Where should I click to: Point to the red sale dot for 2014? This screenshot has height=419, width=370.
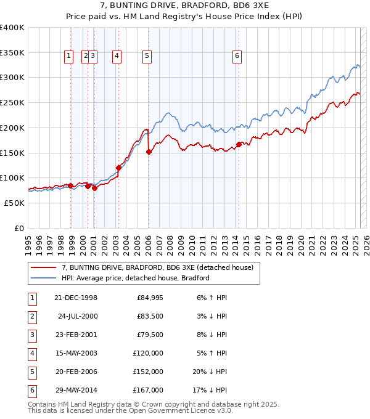pos(239,145)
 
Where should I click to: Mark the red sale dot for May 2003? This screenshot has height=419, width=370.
pos(118,167)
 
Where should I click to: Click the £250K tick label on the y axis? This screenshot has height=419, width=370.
pos(12,103)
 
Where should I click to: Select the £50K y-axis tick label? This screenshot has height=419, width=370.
pos(14,203)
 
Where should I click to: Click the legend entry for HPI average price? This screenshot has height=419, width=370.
pos(136,278)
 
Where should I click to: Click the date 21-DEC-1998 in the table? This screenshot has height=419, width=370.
pos(75,298)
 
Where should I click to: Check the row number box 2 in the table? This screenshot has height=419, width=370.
pos(31,316)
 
